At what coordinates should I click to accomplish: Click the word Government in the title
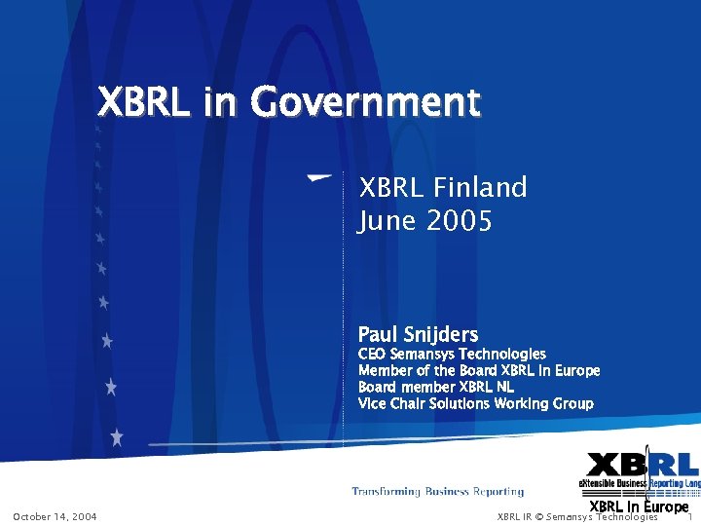click(365, 101)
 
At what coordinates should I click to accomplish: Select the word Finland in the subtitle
click(480, 187)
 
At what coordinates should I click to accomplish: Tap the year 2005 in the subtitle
click(459, 221)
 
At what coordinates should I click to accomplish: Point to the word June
click(388, 221)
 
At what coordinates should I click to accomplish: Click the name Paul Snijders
click(418, 334)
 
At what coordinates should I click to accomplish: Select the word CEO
click(372, 355)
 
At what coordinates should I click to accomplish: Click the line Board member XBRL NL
click(436, 387)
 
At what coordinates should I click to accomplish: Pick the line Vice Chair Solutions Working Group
click(475, 403)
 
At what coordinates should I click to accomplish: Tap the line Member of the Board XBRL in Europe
click(479, 370)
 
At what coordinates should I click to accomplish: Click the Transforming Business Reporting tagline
click(437, 492)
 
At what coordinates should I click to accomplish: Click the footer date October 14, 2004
click(55, 516)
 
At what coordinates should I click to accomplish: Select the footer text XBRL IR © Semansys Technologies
click(577, 516)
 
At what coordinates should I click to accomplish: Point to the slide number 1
click(689, 516)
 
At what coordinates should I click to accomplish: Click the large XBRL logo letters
click(643, 466)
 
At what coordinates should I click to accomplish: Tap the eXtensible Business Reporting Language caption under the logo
click(640, 483)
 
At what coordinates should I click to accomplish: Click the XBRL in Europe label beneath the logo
click(639, 507)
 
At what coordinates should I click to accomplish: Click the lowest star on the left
click(117, 436)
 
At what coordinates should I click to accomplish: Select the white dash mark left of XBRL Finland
click(317, 178)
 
